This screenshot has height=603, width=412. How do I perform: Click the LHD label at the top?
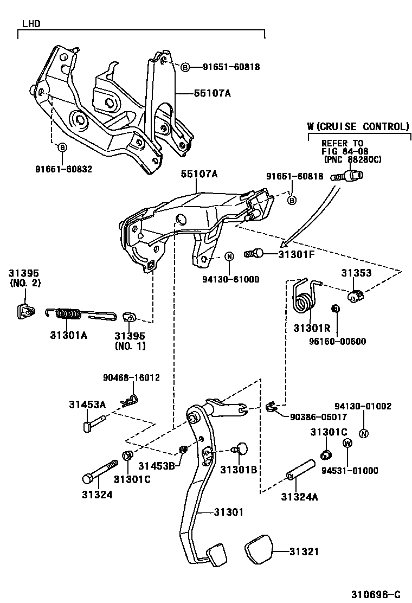pyautogui.click(x=31, y=24)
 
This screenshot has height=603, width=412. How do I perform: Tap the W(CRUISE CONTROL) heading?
pyautogui.click(x=357, y=126)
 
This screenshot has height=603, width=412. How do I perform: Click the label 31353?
pyautogui.click(x=356, y=273)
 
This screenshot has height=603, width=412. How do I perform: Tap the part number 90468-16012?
pyautogui.click(x=131, y=377)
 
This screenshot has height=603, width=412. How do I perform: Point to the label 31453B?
pyautogui.click(x=156, y=465)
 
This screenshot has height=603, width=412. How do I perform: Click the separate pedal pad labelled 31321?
pyautogui.click(x=260, y=550)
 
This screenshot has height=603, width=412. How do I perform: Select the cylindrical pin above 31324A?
pyautogui.click(x=301, y=470)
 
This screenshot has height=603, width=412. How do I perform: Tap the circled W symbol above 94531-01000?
pyautogui.click(x=347, y=443)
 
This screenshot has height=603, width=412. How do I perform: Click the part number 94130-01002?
pyautogui.click(x=363, y=406)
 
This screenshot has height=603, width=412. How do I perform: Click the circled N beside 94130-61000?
pyautogui.click(x=229, y=256)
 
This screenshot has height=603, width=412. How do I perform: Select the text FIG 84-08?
pyautogui.click(x=345, y=151)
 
